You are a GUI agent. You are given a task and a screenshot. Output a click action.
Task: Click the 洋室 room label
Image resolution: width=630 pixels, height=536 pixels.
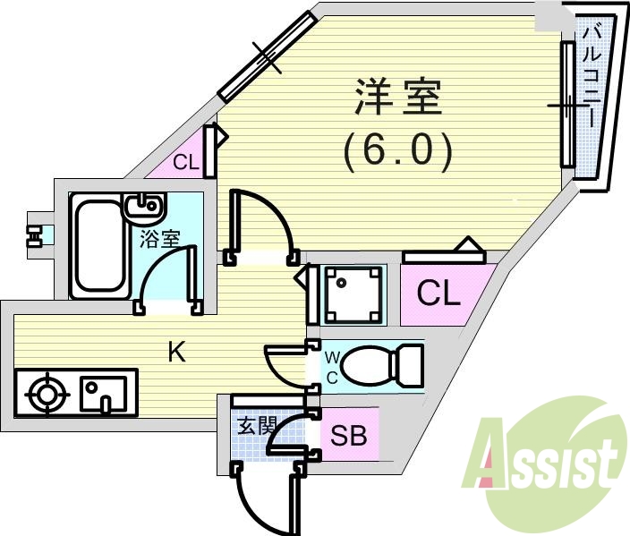pyautogui.click(x=399, y=98)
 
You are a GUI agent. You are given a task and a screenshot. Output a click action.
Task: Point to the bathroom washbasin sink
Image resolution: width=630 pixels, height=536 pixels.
pyautogui.click(x=144, y=209)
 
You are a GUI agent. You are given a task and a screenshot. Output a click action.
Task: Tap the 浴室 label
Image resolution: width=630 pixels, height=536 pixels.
pyautogui.click(x=161, y=239)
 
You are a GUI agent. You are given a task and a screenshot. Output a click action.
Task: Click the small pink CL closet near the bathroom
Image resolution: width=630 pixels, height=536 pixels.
pyautogui.click(x=184, y=162)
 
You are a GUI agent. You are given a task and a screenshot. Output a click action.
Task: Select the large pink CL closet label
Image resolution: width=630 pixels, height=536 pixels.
pyautogui.click(x=438, y=294)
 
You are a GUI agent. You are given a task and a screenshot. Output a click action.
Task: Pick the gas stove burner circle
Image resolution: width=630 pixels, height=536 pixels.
pyautogui.click(x=46, y=394)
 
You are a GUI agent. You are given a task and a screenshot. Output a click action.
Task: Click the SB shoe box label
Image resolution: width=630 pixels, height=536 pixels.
pyautogui.click(x=348, y=436)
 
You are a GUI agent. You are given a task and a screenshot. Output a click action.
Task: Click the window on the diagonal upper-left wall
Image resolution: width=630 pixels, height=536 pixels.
pyautogui.click(x=268, y=55)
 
